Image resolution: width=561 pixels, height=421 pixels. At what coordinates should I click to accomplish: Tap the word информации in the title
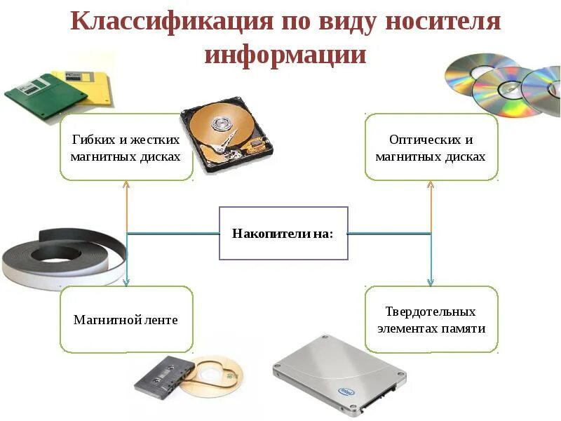285,55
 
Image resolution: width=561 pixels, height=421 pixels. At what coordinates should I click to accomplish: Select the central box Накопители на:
283,233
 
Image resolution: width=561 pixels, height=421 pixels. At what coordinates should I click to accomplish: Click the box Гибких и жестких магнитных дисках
126,147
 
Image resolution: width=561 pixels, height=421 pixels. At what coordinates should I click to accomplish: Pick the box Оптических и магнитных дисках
431,148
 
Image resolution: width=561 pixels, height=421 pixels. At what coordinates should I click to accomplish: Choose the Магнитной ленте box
126,320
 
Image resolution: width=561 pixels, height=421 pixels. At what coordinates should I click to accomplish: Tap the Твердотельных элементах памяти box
431,319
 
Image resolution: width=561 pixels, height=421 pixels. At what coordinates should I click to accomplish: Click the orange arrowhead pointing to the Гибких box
126,185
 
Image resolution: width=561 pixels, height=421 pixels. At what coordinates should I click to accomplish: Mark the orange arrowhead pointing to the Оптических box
431,185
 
